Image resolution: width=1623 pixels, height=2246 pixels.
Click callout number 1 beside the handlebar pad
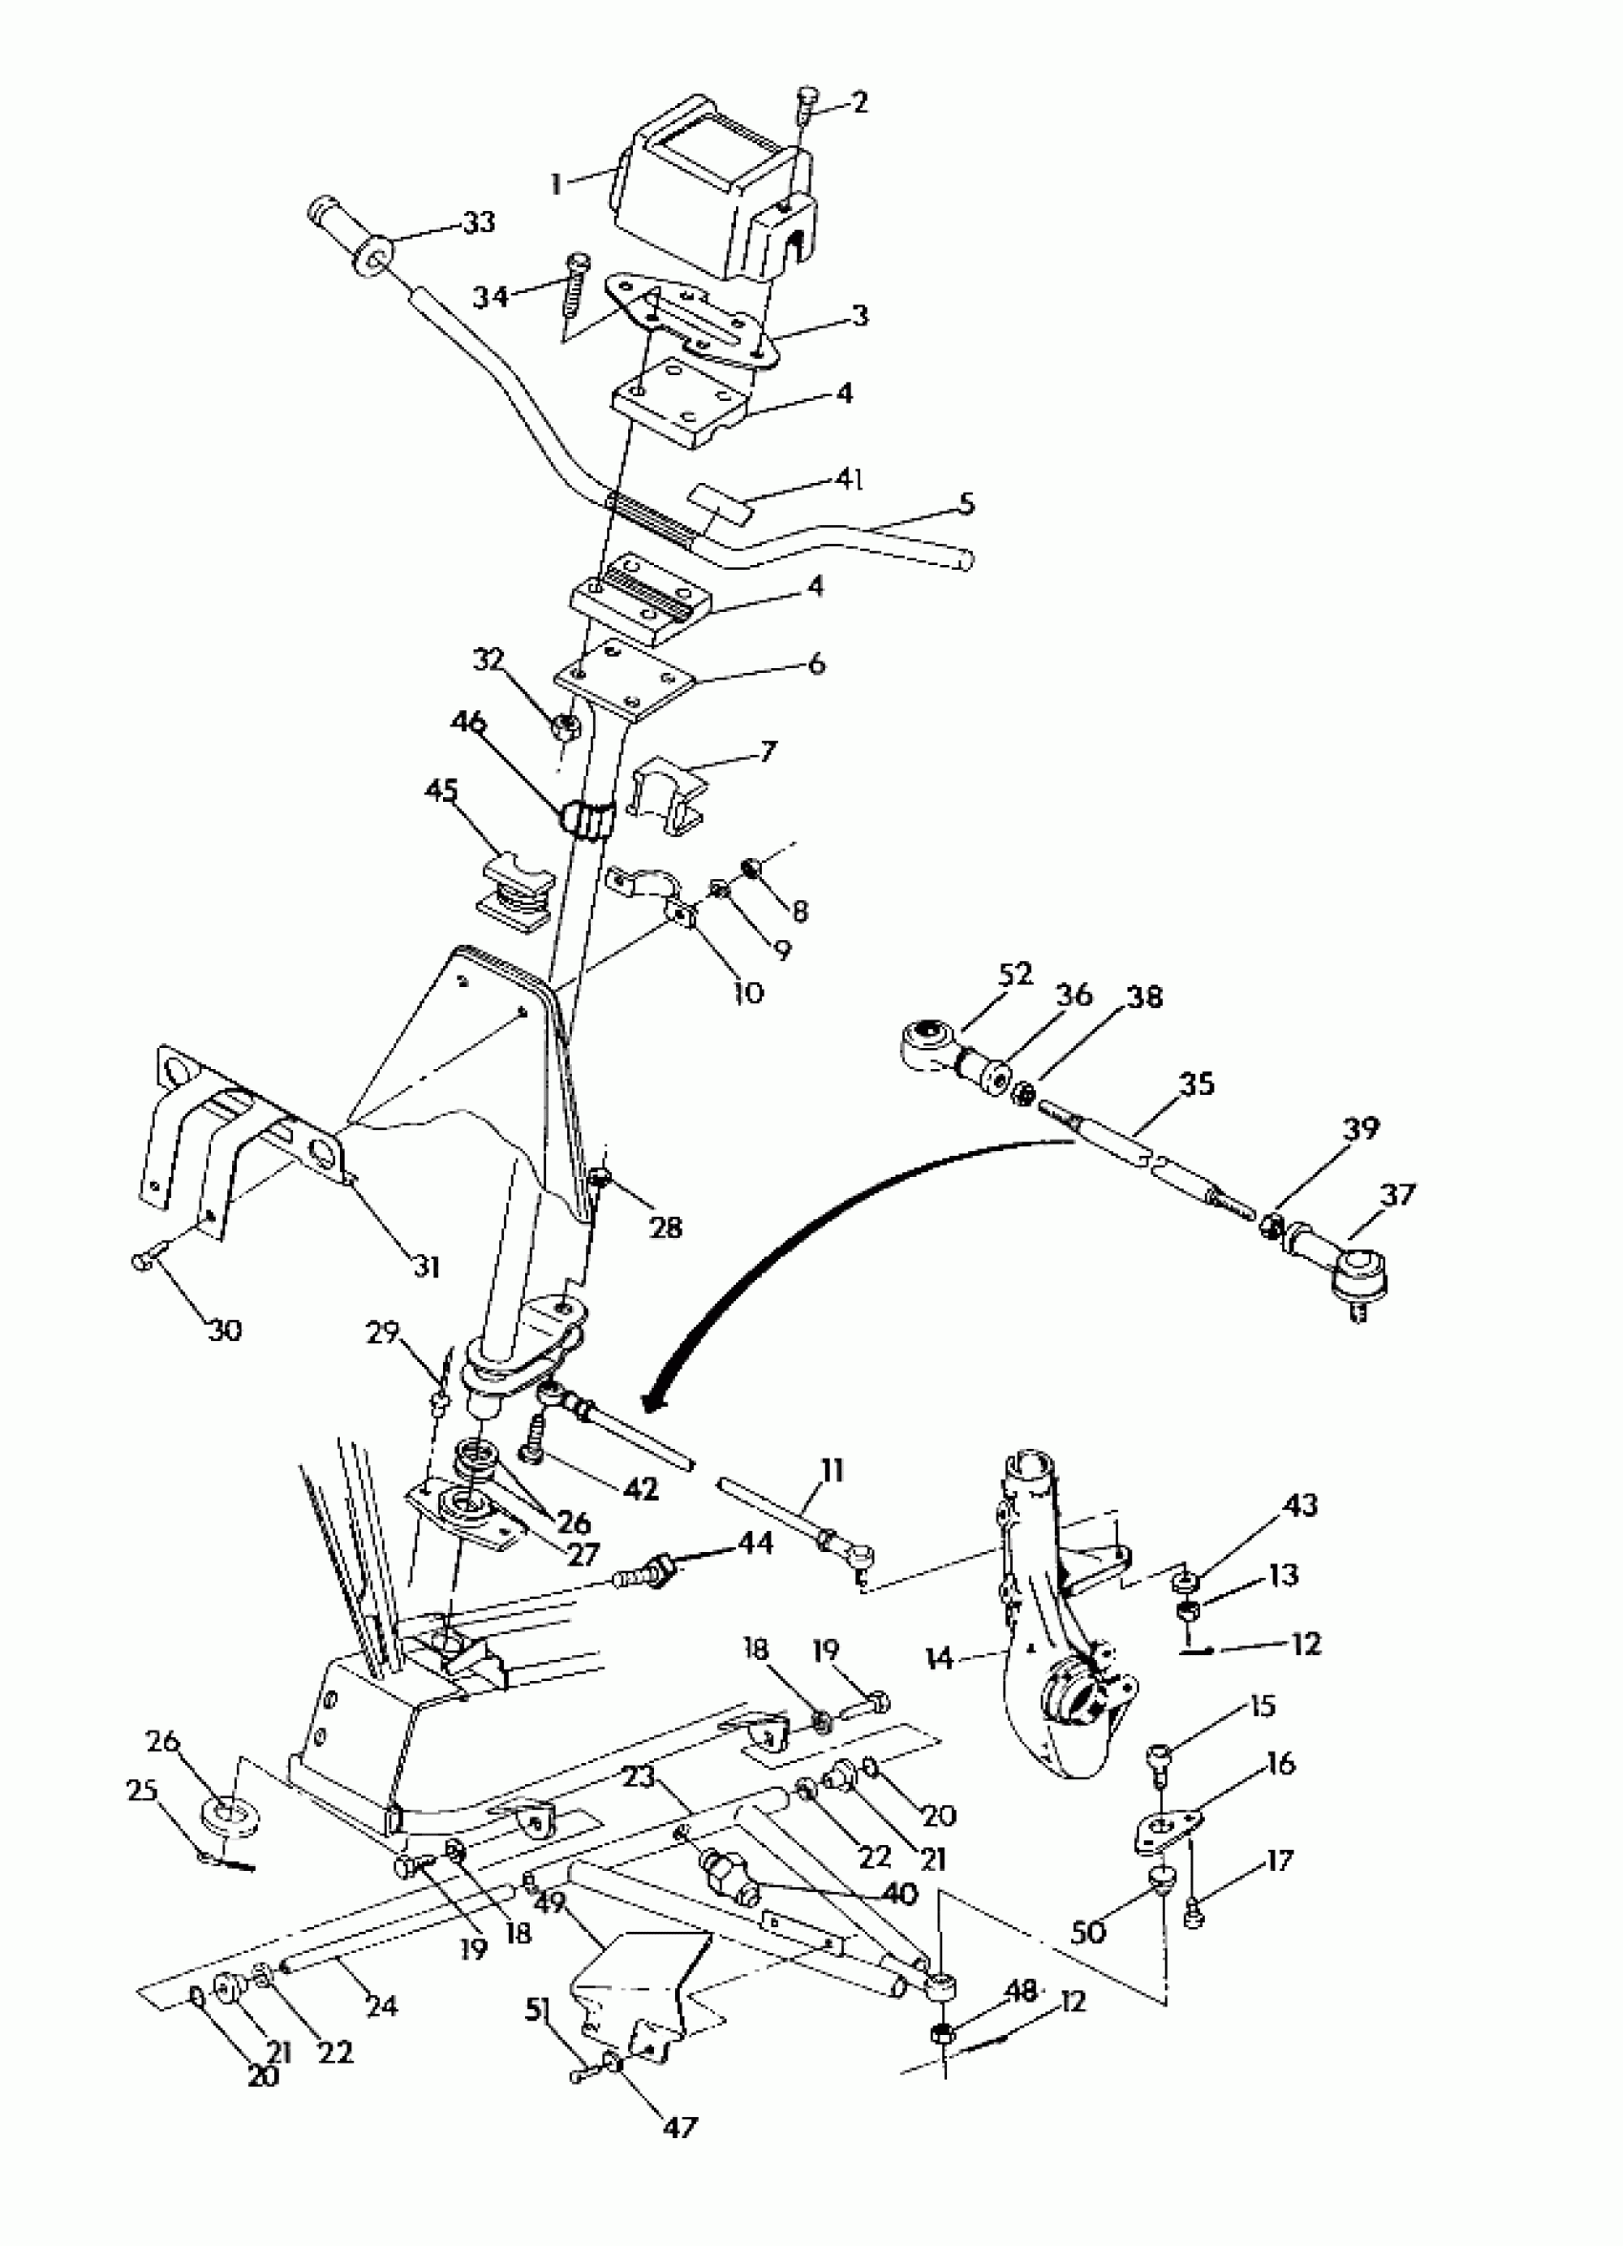click(558, 183)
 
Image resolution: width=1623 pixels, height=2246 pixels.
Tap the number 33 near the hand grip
click(478, 222)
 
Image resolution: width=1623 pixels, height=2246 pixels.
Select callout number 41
click(848, 480)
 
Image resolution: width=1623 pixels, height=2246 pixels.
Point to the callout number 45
click(442, 789)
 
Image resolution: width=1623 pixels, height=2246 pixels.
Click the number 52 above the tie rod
click(1015, 974)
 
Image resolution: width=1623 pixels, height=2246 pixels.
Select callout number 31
click(427, 1266)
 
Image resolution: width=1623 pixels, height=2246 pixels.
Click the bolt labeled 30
click(141, 1260)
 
